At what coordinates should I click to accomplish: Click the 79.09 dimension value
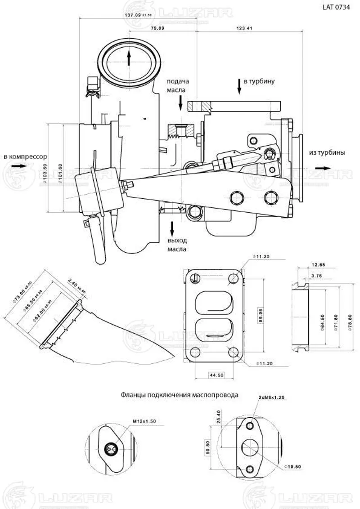pyautogui.click(x=157, y=28)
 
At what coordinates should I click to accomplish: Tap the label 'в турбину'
pyautogui.click(x=259, y=82)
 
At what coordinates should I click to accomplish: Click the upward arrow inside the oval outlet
pyautogui.click(x=129, y=58)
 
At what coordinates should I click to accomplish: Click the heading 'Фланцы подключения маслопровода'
pyautogui.click(x=180, y=395)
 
